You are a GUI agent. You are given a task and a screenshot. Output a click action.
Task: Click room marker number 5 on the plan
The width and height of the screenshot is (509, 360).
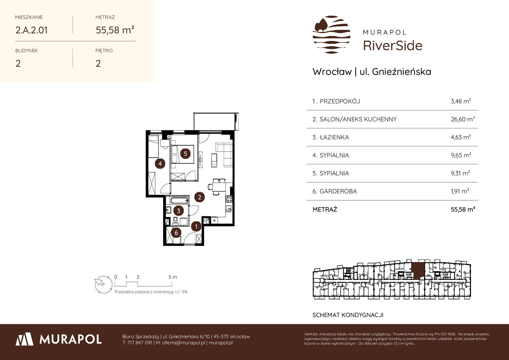(185, 154)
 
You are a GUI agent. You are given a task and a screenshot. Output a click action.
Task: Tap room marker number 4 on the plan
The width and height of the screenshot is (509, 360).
(160, 164)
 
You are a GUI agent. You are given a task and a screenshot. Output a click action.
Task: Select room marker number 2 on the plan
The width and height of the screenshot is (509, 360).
(199, 197)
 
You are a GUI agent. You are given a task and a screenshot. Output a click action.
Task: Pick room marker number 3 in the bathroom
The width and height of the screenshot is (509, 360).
(178, 211)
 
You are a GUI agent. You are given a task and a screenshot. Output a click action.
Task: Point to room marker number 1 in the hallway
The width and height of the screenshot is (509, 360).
(196, 226)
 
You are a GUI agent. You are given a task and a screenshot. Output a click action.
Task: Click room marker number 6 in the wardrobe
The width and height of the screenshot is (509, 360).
(176, 233)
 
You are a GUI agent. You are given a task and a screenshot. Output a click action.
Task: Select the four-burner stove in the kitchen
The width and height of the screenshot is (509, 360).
(229, 199)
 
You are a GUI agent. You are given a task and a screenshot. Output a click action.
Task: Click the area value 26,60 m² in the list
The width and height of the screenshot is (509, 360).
(463, 119)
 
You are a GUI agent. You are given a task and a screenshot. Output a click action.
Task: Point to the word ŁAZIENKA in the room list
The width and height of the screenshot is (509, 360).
(334, 137)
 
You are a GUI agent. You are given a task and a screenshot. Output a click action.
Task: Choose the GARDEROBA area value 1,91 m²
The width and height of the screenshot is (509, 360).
(460, 191)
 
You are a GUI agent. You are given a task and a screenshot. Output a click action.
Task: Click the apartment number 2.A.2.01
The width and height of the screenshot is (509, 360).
(32, 30)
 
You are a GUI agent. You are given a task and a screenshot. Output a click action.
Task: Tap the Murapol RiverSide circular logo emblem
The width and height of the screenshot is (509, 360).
(331, 35)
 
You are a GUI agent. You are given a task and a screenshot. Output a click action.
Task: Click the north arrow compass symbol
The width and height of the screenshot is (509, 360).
(103, 284)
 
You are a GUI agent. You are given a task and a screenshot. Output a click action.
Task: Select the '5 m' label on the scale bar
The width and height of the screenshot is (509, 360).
(173, 277)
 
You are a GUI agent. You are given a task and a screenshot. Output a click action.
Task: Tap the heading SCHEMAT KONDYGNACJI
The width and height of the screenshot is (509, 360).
(348, 315)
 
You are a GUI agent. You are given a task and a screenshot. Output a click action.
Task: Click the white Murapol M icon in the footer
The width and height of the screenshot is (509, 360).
(25, 339)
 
